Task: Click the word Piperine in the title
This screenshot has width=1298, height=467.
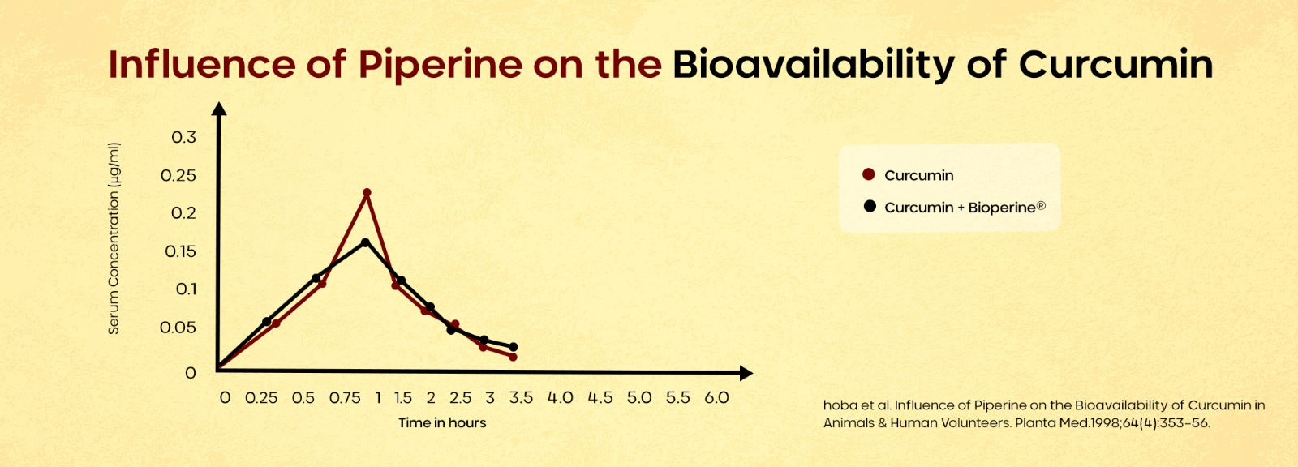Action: [x=440, y=65]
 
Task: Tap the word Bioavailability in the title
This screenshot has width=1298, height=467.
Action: [x=813, y=65]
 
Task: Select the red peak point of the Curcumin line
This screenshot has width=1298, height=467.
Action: [x=367, y=193]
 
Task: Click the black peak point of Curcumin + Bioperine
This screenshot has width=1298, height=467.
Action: [x=365, y=242]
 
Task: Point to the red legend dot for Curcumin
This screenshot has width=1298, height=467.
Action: [x=869, y=174]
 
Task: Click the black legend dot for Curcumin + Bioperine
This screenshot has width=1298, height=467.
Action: [x=870, y=206]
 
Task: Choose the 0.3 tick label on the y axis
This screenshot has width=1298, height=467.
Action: [x=183, y=137]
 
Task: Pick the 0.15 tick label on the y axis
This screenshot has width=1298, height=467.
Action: [x=180, y=251]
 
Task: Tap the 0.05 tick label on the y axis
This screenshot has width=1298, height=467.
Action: [x=178, y=328]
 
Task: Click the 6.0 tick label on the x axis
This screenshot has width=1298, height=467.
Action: [x=716, y=398]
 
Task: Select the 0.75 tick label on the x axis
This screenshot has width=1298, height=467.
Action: [x=345, y=398]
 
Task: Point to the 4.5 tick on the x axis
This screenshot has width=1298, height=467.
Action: [x=600, y=398]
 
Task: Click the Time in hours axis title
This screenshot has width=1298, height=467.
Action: [x=442, y=422]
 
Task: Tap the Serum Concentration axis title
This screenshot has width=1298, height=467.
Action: [x=114, y=238]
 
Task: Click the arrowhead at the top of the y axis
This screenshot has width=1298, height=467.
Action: [x=218, y=108]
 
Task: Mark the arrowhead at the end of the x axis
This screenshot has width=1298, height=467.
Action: [x=746, y=373]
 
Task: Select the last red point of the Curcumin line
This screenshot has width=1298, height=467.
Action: [x=513, y=356]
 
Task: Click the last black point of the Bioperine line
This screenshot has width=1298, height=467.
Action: [x=514, y=347]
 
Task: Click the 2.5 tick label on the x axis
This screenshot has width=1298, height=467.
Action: [x=460, y=398]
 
